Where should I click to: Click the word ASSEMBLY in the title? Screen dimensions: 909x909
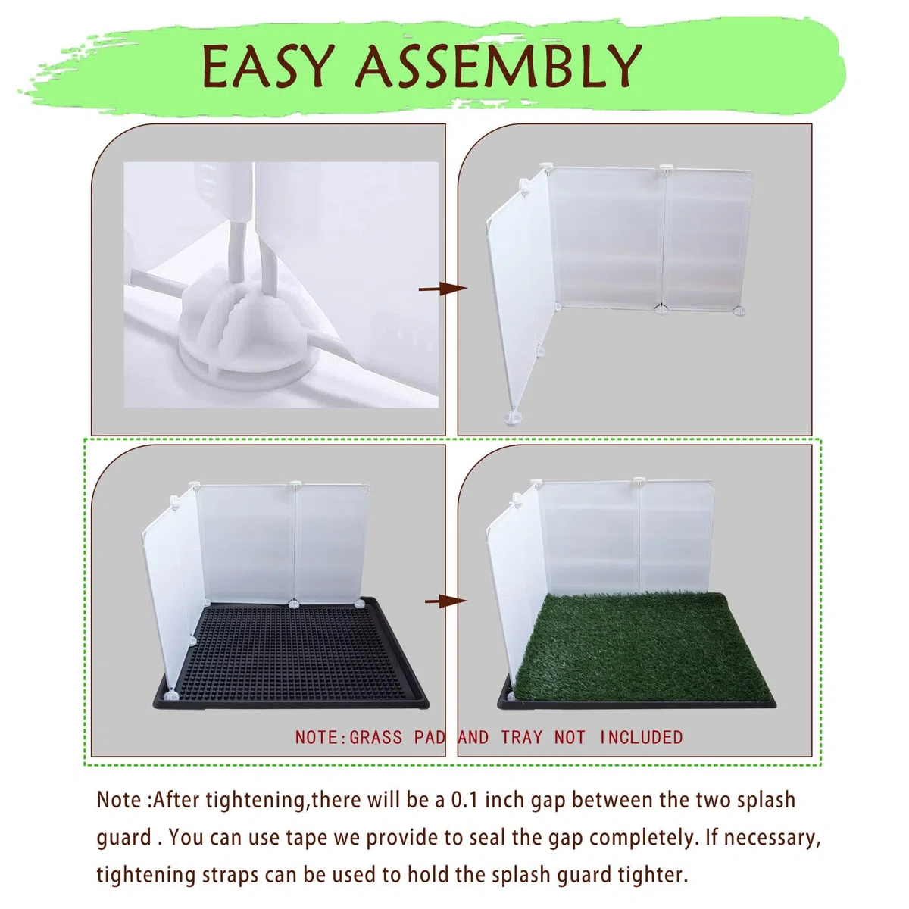pyautogui.click(x=498, y=66)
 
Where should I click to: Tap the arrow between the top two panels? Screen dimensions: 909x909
pyautogui.click(x=443, y=288)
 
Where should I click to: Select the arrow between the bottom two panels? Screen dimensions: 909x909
pyautogui.click(x=445, y=601)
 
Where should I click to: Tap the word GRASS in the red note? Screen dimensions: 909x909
pyautogui.click(x=376, y=737)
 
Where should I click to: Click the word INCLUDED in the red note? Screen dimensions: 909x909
pyautogui.click(x=641, y=737)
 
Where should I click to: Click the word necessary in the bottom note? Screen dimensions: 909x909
pyautogui.click(x=768, y=839)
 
